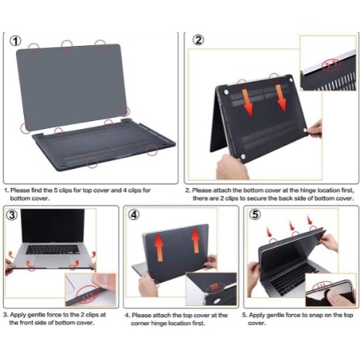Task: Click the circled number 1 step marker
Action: tap(15, 41)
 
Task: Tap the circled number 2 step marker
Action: tap(198, 40)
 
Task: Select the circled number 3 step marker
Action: tap(12, 215)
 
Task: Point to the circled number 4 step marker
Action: tap(133, 215)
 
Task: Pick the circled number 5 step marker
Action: tap(255, 214)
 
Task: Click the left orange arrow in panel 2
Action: tap(247, 103)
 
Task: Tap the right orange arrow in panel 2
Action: tap(281, 98)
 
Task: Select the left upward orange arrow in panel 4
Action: tap(159, 247)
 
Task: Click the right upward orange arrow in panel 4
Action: tap(195, 241)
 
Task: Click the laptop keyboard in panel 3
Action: tap(52, 249)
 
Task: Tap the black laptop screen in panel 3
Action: tap(52, 226)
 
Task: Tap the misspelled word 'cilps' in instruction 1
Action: tap(135, 190)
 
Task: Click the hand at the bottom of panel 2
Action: tap(231, 167)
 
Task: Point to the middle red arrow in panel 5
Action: tap(292, 226)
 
